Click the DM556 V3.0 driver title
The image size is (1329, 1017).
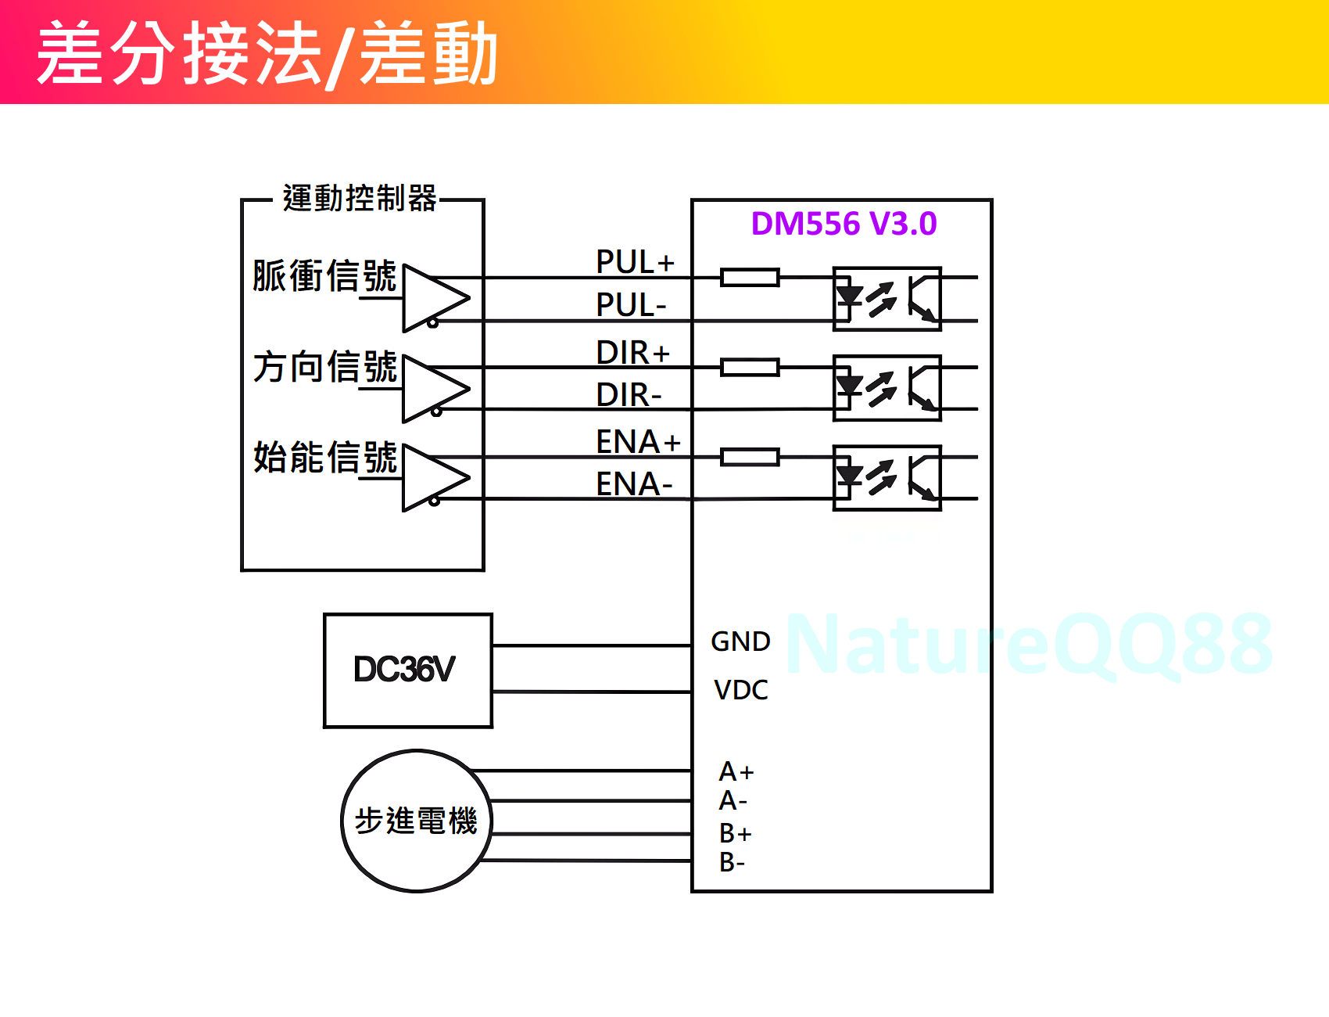[844, 224]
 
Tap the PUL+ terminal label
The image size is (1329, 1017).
[635, 262]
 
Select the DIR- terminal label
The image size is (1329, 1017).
[629, 395]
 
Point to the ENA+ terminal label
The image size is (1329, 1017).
[638, 442]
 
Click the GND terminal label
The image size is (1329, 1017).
[740, 641]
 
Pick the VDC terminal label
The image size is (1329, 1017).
[740, 690]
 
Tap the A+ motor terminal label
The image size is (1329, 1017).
[736, 772]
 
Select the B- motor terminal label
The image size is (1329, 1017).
[732, 862]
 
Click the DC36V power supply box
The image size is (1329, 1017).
[407, 670]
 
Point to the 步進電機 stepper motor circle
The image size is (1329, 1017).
[416, 821]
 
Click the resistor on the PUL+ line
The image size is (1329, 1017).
[750, 277]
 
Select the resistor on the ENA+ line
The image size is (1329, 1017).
[750, 457]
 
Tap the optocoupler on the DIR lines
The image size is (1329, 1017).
[887, 388]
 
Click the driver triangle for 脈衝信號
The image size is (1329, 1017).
[434, 298]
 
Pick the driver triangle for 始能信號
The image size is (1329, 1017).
[434, 478]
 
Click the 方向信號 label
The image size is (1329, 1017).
[325, 367]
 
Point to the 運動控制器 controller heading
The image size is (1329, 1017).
[360, 199]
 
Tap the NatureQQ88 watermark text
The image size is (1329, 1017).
[1029, 644]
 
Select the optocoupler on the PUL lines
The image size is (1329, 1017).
[887, 299]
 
